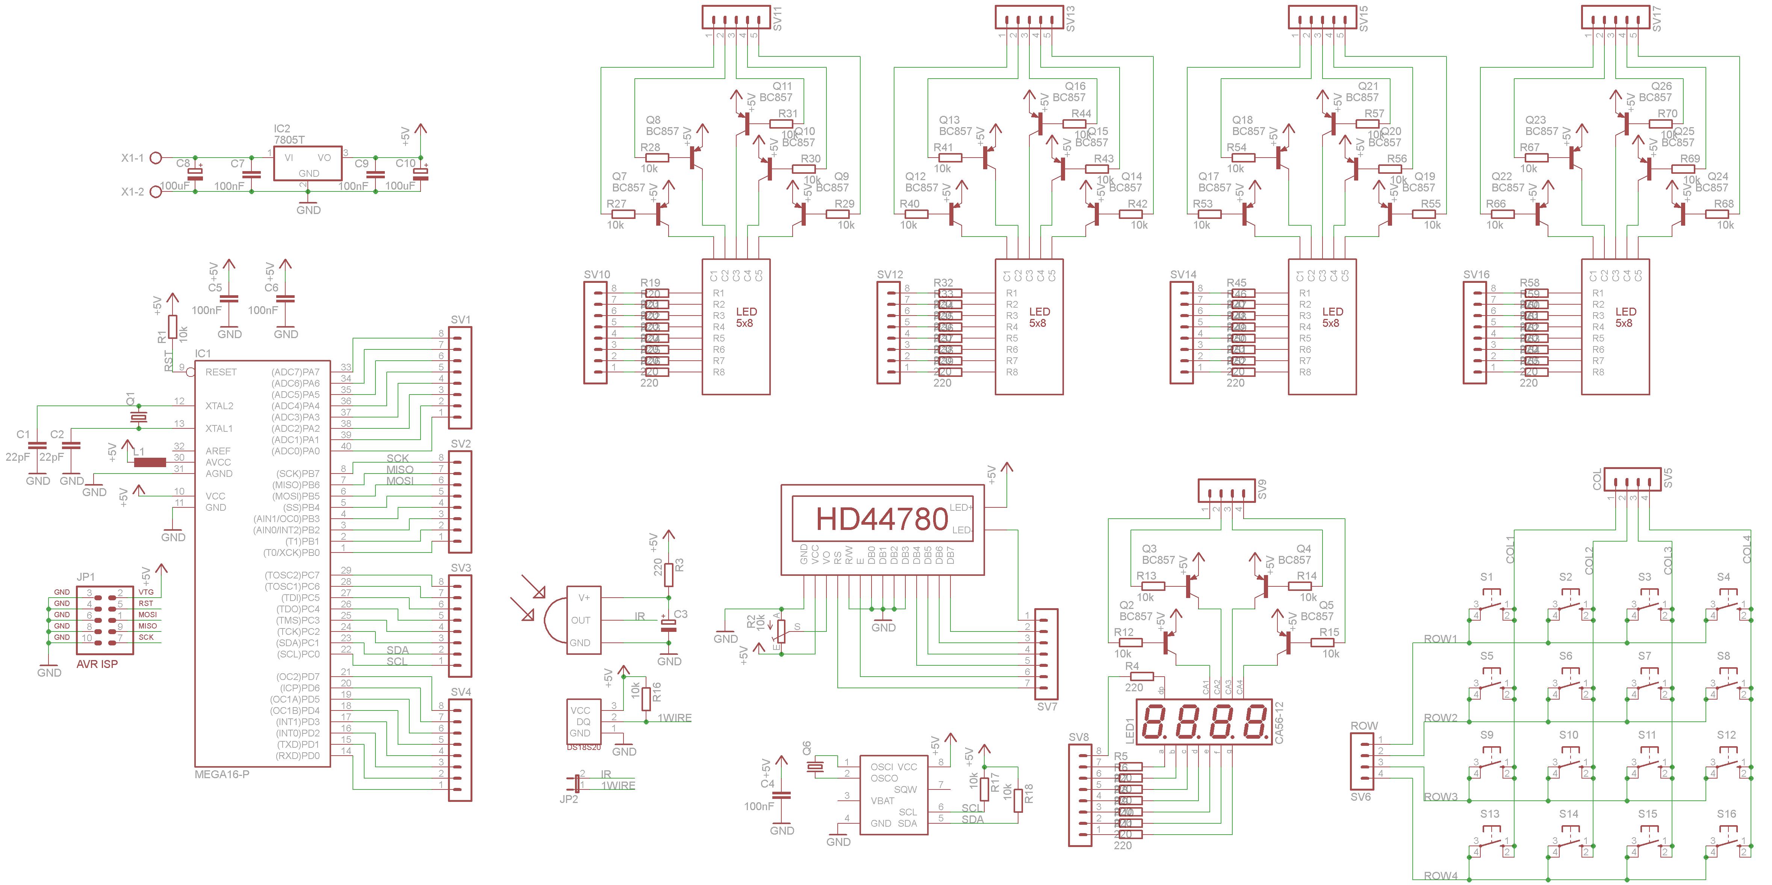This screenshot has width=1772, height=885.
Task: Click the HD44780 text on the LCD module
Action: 882,519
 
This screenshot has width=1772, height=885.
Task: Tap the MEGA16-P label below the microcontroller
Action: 221,774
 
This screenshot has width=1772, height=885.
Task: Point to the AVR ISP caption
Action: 97,664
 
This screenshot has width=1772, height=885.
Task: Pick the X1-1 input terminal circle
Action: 156,158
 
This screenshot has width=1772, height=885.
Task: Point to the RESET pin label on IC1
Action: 221,372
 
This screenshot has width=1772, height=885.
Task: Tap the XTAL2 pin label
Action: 219,406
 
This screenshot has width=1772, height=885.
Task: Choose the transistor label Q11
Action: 782,86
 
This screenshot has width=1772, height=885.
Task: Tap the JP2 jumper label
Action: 569,799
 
